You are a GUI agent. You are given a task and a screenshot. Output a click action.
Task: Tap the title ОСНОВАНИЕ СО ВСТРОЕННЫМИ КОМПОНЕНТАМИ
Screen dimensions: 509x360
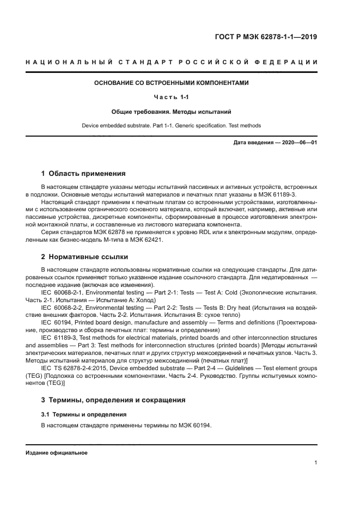172,83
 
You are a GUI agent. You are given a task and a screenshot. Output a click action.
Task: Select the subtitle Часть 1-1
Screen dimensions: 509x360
172,97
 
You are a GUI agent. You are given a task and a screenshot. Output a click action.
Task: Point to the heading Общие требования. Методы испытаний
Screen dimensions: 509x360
172,112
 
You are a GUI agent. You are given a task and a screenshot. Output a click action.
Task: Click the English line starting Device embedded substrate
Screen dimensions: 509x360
172,126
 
